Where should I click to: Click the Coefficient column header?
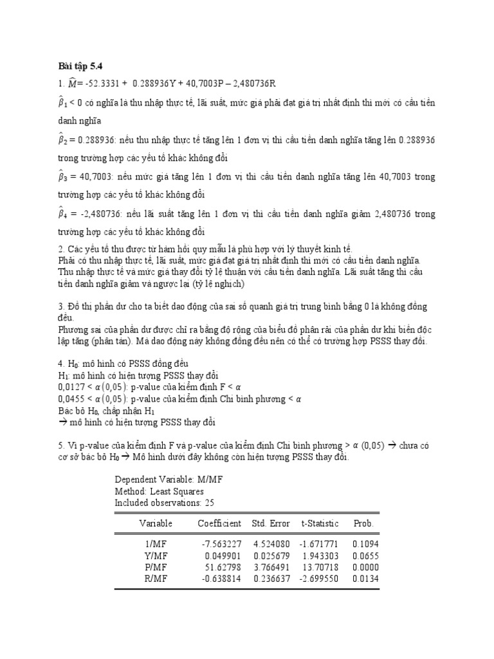point(219,523)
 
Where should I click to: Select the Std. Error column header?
point(271,523)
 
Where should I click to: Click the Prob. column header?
point(363,523)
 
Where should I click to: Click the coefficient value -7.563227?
point(222,544)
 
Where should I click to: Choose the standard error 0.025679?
point(272,555)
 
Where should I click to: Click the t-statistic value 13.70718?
point(322,567)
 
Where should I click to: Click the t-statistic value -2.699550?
point(320,578)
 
